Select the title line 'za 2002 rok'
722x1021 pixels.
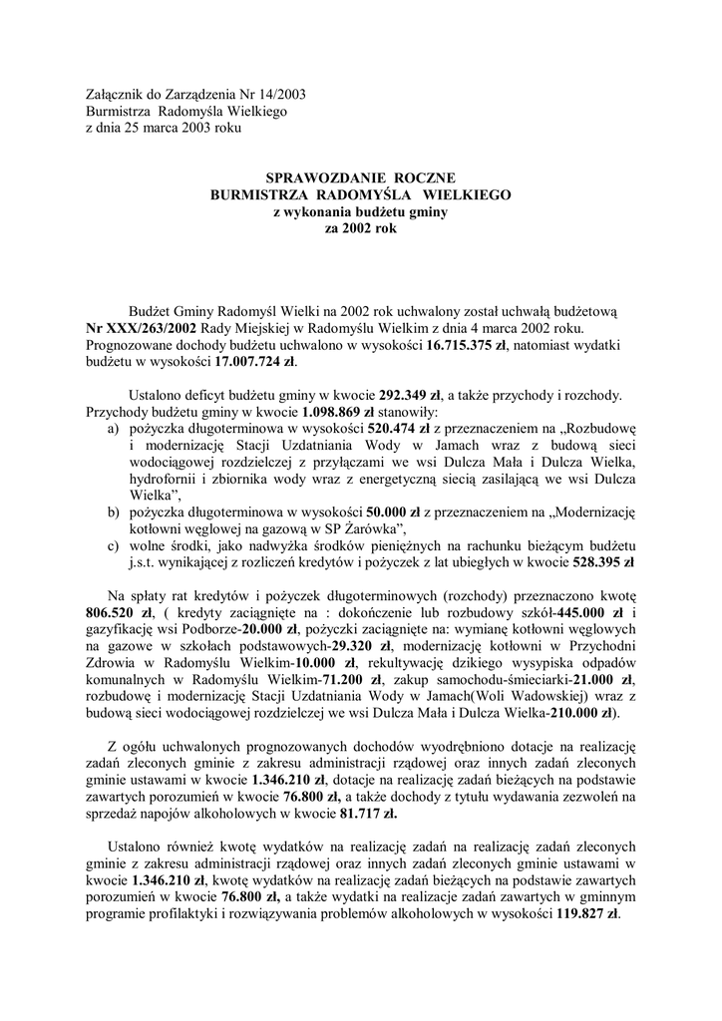click(360, 228)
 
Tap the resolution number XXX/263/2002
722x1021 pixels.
click(143, 328)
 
